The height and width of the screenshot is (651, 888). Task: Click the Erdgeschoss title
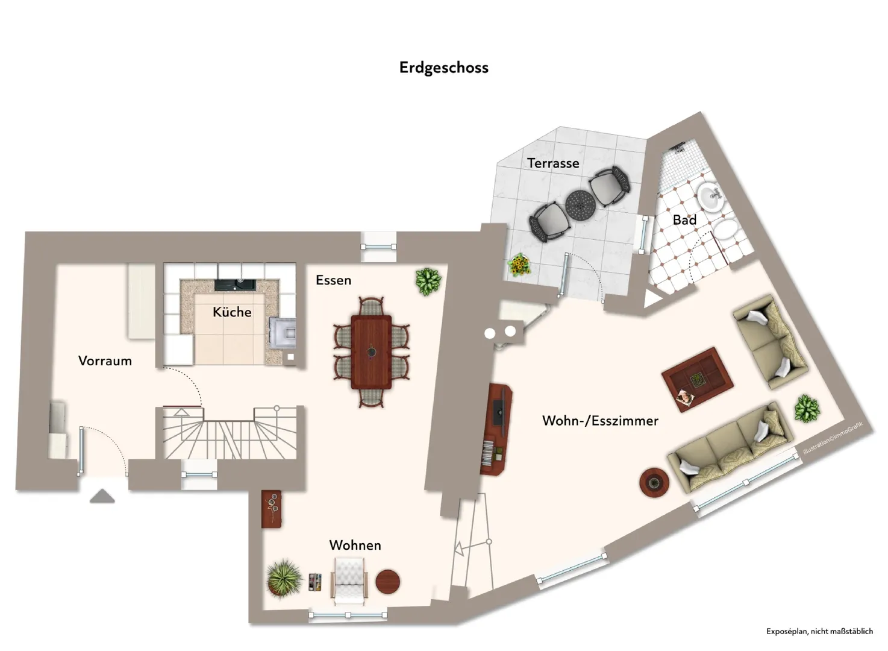(443, 68)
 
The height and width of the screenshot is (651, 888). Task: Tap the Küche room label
(232, 312)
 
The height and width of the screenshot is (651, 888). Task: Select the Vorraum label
(105, 360)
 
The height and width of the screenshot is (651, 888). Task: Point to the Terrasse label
(553, 163)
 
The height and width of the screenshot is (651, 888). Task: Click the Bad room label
(684, 220)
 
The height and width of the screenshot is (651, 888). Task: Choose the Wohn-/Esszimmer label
(600, 421)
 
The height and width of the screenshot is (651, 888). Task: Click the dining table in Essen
(371, 352)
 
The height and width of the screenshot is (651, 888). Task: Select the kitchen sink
(236, 285)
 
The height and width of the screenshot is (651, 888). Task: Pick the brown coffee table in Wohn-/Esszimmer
(697, 380)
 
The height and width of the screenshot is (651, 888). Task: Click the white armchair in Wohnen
(349, 582)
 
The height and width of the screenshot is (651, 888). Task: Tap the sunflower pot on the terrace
(520, 265)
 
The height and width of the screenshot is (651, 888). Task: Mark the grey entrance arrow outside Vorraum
(102, 496)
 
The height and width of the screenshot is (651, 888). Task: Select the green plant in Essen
(428, 281)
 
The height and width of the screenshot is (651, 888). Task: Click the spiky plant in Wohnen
(284, 577)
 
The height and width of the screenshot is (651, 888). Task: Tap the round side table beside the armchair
(388, 582)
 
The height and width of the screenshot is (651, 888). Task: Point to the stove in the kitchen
(283, 333)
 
